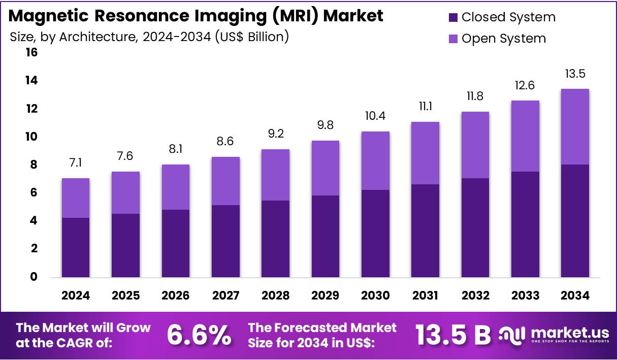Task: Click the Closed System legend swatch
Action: [x=453, y=18]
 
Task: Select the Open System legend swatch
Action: [x=453, y=39]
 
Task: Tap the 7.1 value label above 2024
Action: [x=76, y=162]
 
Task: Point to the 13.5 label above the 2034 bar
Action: [x=575, y=74]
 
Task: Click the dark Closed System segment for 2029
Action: [x=325, y=236]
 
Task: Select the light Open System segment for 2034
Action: [x=575, y=126]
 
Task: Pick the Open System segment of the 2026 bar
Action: [x=175, y=187]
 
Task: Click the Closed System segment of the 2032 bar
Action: [x=475, y=227]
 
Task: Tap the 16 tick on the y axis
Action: [x=31, y=53]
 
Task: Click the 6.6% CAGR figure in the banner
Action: [x=199, y=335]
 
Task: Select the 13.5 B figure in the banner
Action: [x=453, y=335]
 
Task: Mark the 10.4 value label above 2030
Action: [x=375, y=116]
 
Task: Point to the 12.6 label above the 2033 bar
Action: [x=525, y=85]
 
